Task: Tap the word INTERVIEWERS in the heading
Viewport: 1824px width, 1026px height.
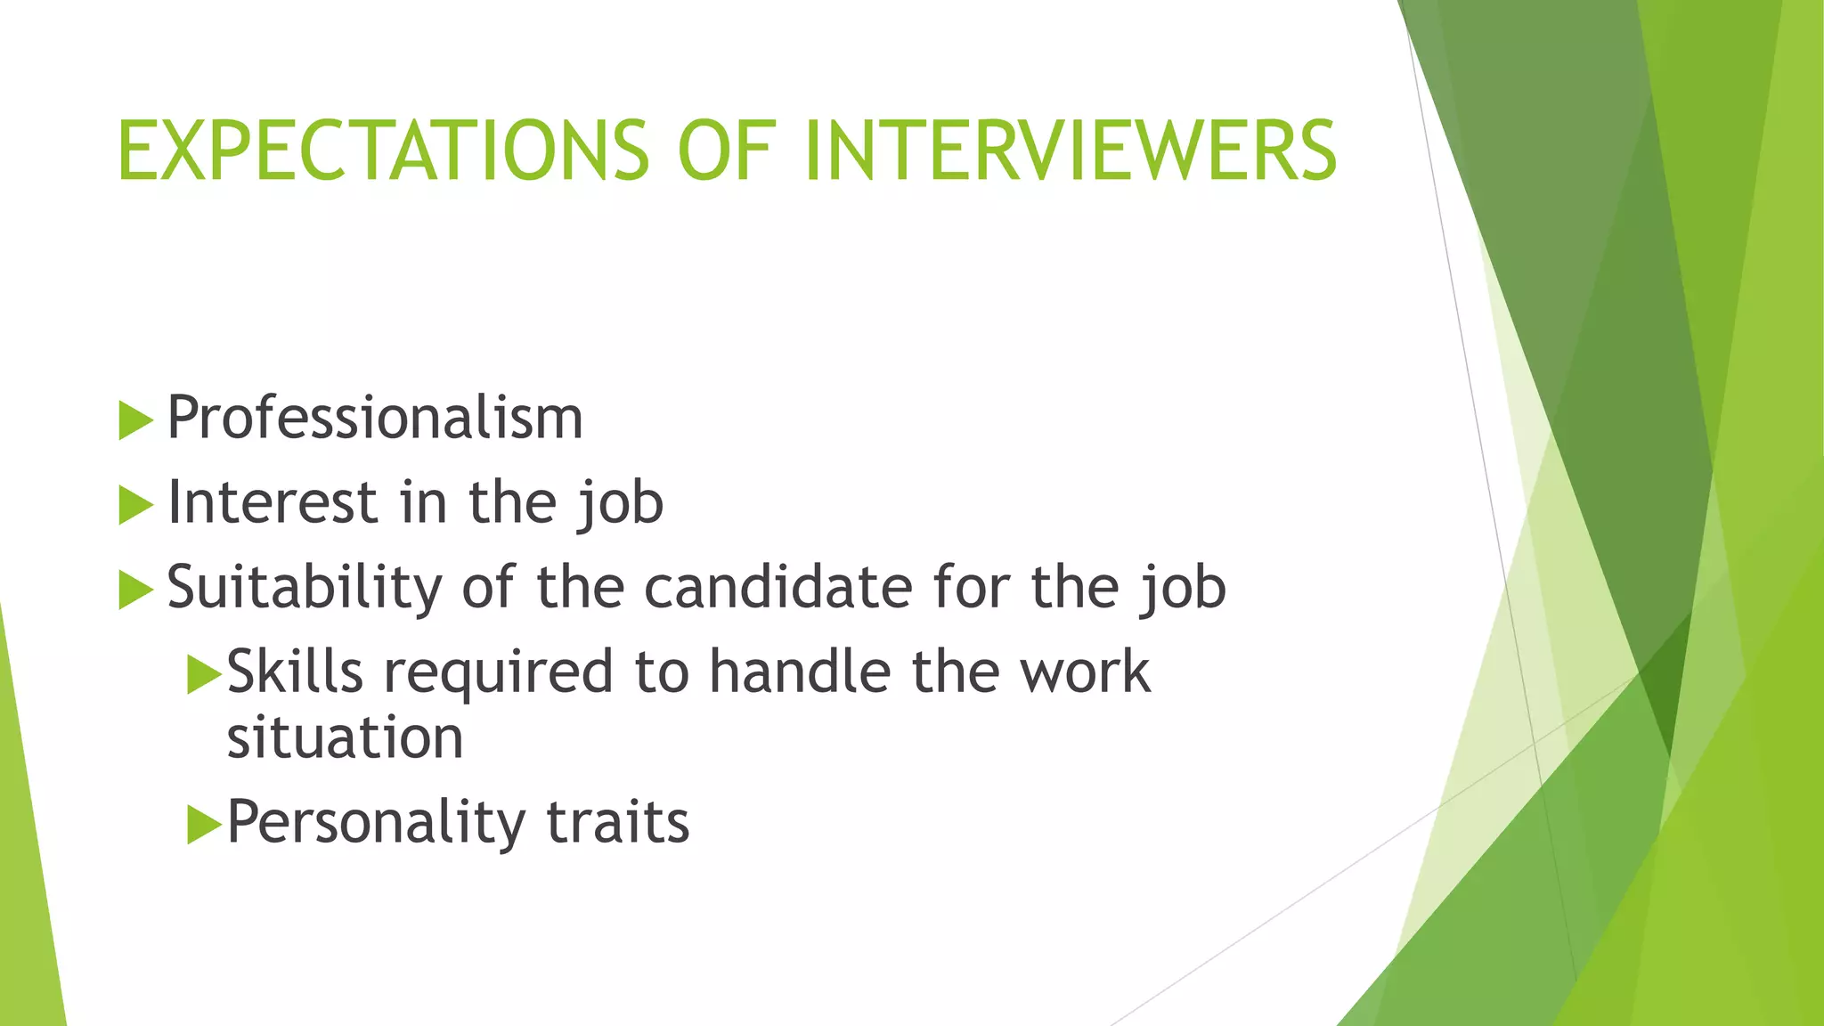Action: click(x=1070, y=151)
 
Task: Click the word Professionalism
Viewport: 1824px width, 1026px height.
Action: click(x=375, y=418)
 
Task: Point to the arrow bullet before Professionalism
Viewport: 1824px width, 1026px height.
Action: click(x=135, y=419)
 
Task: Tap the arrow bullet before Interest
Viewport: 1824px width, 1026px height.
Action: click(x=135, y=505)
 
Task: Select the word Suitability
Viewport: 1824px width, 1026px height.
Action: click(x=304, y=588)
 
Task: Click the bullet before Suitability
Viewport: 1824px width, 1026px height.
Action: click(x=135, y=590)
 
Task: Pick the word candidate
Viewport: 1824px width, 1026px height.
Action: click(x=778, y=588)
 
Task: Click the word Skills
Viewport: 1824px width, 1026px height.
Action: click(x=295, y=672)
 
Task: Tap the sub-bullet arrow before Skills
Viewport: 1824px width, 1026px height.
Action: click(x=204, y=674)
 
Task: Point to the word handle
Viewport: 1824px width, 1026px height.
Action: click(x=799, y=672)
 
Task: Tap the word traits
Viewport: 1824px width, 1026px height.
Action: click(x=617, y=822)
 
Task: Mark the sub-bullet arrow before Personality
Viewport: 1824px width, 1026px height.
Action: click(x=204, y=825)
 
